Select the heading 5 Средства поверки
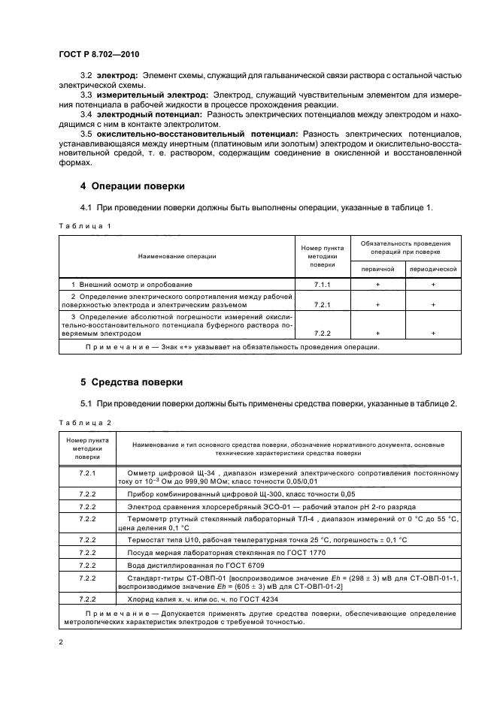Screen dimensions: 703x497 coord(132,382)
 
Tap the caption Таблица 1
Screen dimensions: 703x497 coord(84,225)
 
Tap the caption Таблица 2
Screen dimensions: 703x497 coord(84,422)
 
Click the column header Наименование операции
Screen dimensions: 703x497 coord(177,256)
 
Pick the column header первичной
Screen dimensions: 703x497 coord(377,268)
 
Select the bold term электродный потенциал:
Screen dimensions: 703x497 coord(149,116)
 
